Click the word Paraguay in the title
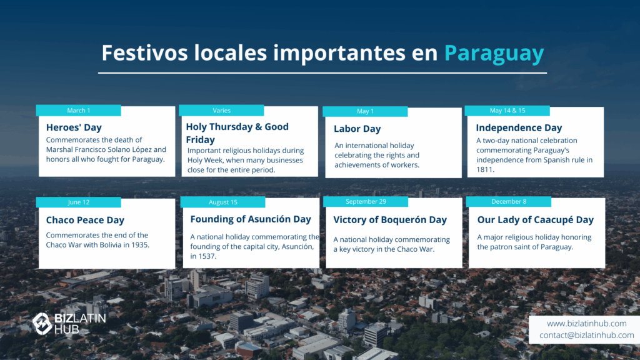(x=494, y=54)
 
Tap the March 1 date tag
(x=78, y=110)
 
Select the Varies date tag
(x=221, y=110)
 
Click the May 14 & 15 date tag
(x=507, y=110)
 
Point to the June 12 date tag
(x=78, y=202)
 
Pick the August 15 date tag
(x=223, y=202)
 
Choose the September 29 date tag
(x=366, y=201)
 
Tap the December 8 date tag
(x=509, y=201)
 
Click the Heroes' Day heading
(x=74, y=127)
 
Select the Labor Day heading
(x=357, y=129)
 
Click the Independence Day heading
(x=519, y=127)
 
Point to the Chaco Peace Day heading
(x=85, y=220)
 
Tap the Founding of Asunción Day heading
(x=251, y=219)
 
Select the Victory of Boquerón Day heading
(x=390, y=219)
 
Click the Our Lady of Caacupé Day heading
(x=535, y=219)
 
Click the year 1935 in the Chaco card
(x=139, y=245)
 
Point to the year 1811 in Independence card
(x=484, y=169)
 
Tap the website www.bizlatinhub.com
(x=586, y=323)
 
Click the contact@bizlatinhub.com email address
(x=586, y=335)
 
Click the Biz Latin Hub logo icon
(x=42, y=324)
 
